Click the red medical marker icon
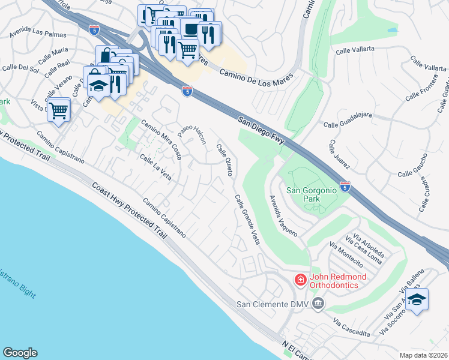pyautogui.click(x=299, y=280)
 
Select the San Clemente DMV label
pyautogui.click(x=274, y=304)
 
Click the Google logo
pyautogui.click(x=20, y=353)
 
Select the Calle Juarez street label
pyautogui.click(x=339, y=154)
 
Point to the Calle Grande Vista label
pyautogui.click(x=247, y=219)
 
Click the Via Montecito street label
pyautogui.click(x=346, y=254)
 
